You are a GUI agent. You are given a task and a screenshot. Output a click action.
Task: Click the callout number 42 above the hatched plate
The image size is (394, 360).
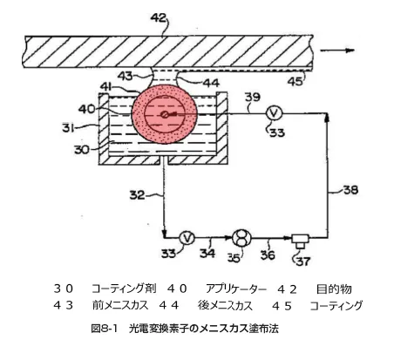(159, 18)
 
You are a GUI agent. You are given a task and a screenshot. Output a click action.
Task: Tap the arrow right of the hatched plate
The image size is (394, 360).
(337, 51)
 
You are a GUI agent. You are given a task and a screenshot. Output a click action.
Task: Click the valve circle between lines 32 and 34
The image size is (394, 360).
(187, 238)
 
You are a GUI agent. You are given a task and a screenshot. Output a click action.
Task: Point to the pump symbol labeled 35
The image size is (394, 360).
(241, 238)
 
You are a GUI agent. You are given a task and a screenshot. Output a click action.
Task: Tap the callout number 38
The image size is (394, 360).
(351, 190)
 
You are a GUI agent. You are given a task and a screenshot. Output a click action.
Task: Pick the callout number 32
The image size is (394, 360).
(137, 195)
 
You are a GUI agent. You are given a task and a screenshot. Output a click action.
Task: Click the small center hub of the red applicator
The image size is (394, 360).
(165, 115)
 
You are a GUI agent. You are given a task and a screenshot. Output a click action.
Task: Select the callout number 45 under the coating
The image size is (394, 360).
(295, 81)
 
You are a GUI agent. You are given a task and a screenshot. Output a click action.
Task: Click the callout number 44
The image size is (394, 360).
(211, 83)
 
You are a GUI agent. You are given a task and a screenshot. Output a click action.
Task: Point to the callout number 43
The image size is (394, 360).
(126, 76)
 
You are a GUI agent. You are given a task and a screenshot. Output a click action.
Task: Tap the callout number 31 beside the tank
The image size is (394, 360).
(68, 127)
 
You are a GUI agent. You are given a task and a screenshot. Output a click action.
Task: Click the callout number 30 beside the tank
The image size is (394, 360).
(82, 149)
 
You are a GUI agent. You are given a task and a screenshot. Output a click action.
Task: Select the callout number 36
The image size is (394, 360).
(268, 255)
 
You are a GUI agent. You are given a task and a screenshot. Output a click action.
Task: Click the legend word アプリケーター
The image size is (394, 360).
(236, 289)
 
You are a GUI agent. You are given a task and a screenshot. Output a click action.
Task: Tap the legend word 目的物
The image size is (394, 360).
(334, 289)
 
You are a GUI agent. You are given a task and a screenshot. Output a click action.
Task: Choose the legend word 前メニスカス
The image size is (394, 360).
(120, 305)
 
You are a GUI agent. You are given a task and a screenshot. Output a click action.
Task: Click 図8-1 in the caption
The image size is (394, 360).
(104, 329)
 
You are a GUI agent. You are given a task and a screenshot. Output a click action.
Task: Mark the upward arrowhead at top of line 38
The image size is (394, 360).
(328, 117)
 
